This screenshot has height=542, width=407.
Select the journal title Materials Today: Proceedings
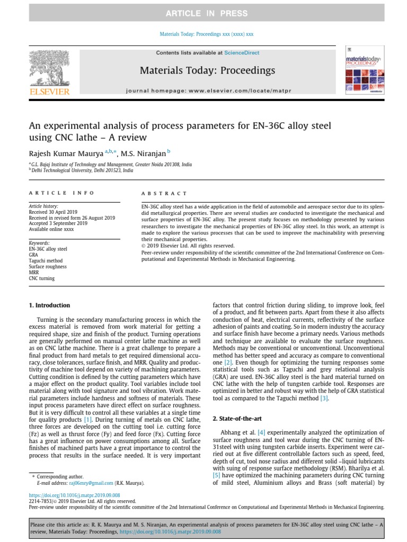207,70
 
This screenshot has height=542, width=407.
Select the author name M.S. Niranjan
143,153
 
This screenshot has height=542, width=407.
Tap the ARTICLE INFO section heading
61,194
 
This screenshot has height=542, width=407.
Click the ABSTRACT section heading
164,194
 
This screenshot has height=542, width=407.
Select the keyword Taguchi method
46,261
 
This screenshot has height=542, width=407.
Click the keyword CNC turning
41,278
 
